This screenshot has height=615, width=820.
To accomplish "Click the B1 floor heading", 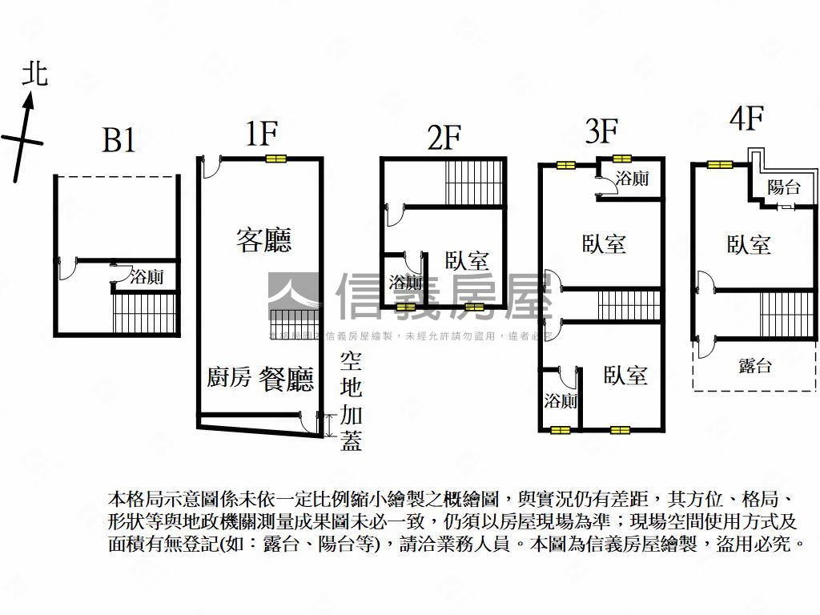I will pos(119,141).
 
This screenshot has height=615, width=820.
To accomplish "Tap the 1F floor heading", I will pos(261,134).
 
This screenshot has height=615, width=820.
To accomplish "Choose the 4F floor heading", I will pos(746,119).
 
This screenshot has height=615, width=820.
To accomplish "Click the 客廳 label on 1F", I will pos(263,239).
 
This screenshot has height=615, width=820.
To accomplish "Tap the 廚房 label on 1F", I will pos(229,378).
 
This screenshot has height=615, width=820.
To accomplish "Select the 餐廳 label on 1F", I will pos(286,378).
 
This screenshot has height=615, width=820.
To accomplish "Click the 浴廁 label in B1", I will pos(147,278).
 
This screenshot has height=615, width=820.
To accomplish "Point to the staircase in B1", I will pos(144,312).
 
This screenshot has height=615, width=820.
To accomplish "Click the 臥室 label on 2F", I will pos(467,261).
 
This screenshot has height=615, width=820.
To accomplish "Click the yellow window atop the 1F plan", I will pos(275,159).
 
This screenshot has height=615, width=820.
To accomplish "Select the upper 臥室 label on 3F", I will pos(604,243).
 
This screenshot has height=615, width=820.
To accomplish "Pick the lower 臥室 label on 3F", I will pos(625,375).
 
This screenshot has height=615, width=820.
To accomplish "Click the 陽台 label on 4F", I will pos(783,188).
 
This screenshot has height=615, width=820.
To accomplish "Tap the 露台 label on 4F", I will pos(755,367).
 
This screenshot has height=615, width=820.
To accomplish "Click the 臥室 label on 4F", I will pos(749,244).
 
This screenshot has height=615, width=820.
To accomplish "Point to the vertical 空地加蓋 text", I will pos(351,401).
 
